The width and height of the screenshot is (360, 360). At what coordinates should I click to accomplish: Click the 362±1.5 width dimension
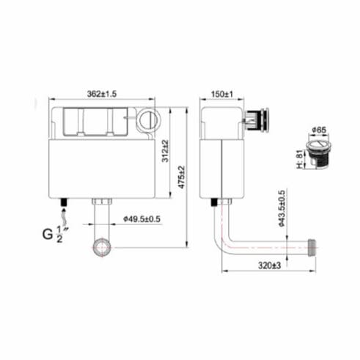[x=103, y=94]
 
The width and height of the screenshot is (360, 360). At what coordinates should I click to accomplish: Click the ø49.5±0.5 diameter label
[x=142, y=217]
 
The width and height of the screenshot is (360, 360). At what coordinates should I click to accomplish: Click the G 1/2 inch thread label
[x=53, y=235]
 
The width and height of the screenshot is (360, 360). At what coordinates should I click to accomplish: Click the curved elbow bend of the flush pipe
[x=222, y=240]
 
